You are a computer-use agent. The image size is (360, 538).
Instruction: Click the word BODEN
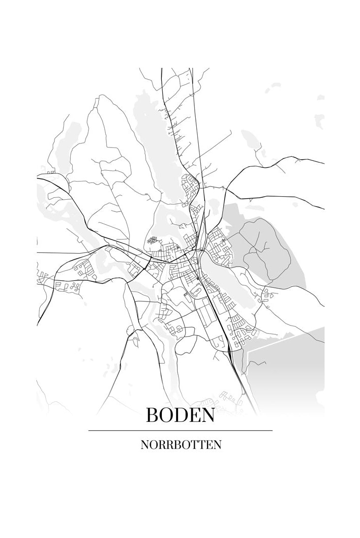pos(180,415)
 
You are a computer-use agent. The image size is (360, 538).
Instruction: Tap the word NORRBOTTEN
pos(180,445)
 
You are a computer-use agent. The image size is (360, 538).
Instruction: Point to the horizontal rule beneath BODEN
pos(180,430)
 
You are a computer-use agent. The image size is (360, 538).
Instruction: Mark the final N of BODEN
pos(208,415)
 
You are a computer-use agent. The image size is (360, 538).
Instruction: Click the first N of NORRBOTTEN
pos(145,445)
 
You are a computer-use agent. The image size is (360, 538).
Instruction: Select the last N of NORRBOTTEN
pos(217,445)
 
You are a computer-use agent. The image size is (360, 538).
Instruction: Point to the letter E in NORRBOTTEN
pos(208,445)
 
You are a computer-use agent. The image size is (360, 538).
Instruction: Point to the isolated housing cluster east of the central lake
pos(268,296)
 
